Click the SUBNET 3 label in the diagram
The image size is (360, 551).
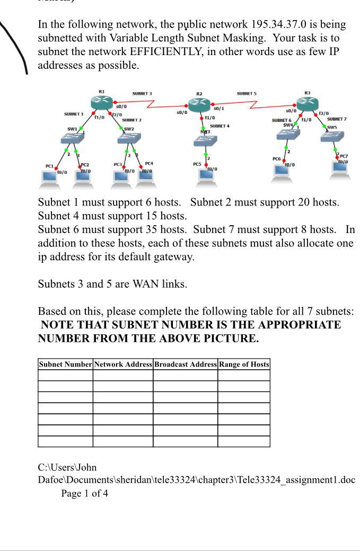pyautogui.click(x=142, y=94)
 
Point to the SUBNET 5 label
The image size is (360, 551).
pyautogui.click(x=247, y=94)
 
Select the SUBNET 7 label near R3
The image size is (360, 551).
pyautogui.click(x=337, y=119)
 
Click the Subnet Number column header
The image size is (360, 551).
pyautogui.click(x=65, y=365)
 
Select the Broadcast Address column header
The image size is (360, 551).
pyautogui.click(x=185, y=365)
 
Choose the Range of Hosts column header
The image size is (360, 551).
pyautogui.click(x=244, y=365)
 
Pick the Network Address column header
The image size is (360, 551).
pyautogui.click(x=123, y=365)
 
